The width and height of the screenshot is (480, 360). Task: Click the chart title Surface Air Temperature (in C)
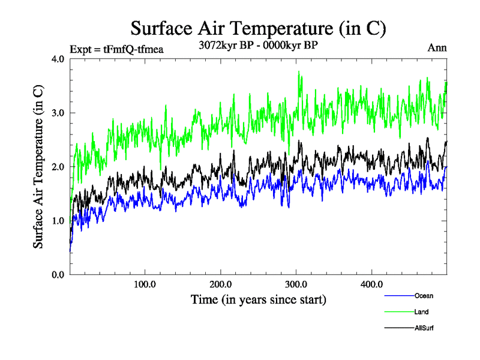coord(258,28)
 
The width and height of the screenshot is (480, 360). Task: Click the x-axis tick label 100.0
coord(145,284)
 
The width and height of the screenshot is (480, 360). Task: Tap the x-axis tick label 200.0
coord(221,284)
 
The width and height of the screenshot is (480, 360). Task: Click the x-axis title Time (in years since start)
coord(258,299)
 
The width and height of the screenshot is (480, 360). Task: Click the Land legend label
coord(421,312)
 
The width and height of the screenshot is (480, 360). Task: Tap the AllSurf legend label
coord(424,328)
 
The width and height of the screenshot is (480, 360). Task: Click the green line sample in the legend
coord(398,312)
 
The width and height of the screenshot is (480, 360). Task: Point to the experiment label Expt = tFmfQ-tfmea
coord(116,49)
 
